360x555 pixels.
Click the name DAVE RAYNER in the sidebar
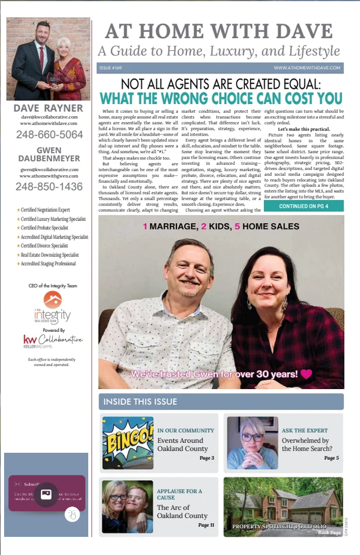[x=48, y=108]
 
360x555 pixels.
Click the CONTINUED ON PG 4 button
[x=303, y=206]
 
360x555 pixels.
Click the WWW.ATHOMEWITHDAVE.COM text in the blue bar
[x=306, y=68]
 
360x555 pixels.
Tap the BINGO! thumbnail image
[x=127, y=442]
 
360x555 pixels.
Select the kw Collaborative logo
[x=52, y=340]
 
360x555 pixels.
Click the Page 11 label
[x=206, y=525]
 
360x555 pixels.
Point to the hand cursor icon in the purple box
[x=72, y=514]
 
